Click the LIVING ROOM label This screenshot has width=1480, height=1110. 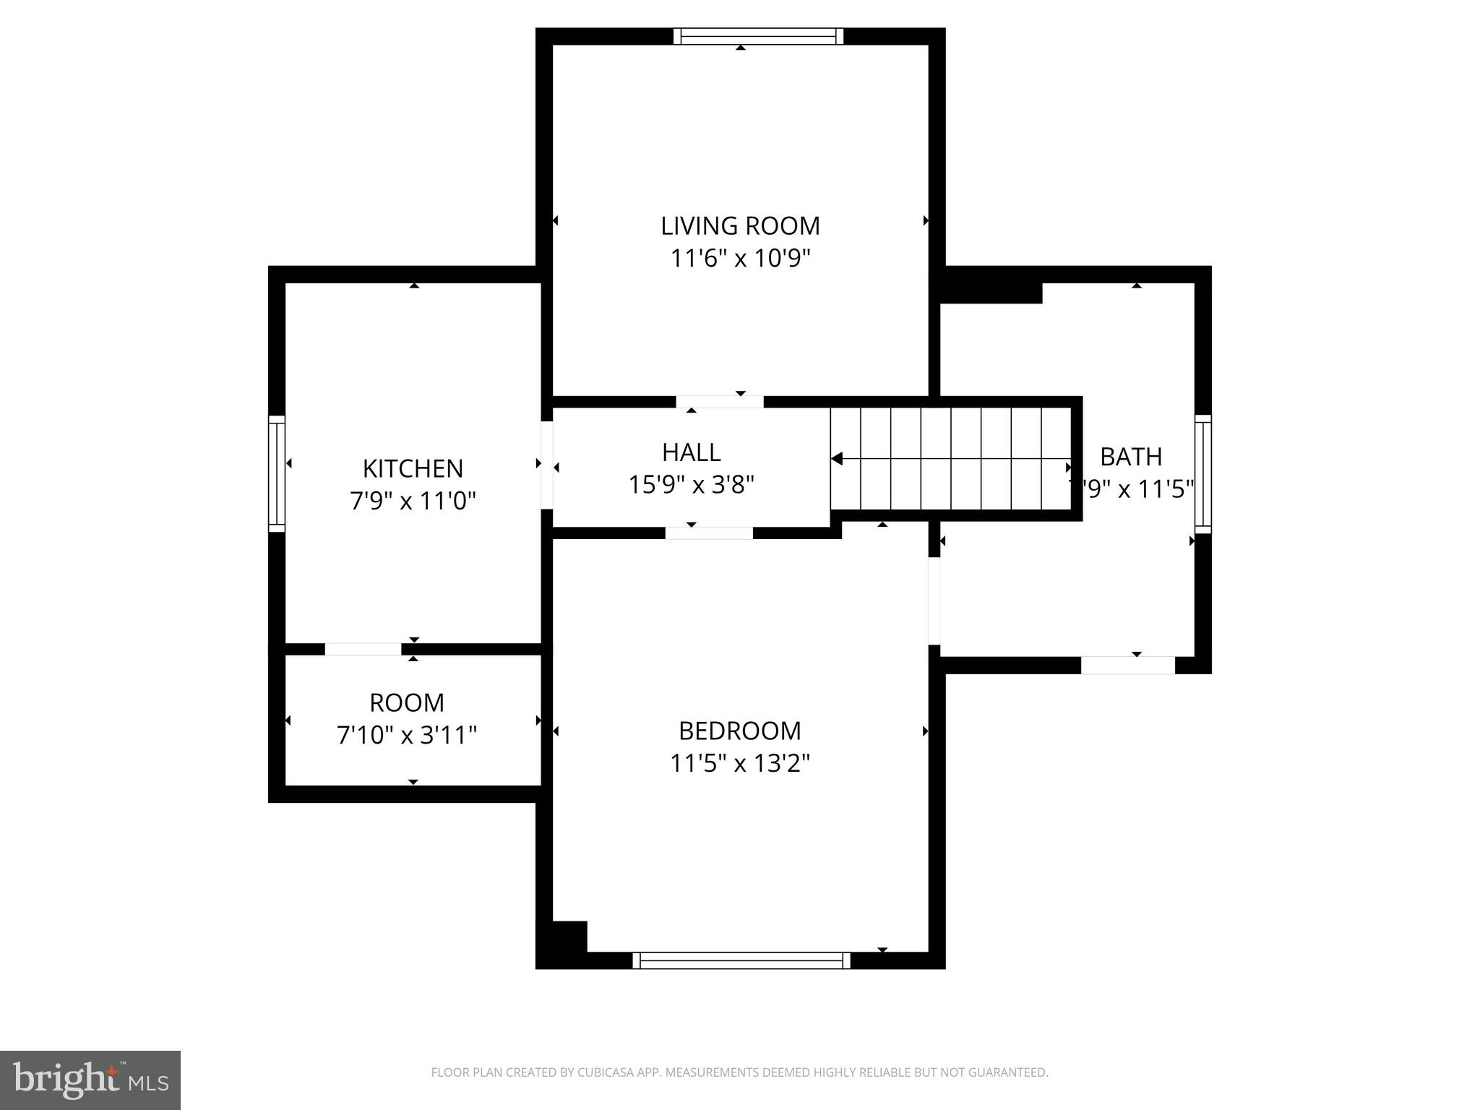740,226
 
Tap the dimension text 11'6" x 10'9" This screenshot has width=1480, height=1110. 740,259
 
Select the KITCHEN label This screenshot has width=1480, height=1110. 413,469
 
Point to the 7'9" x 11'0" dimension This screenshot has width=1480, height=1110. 413,501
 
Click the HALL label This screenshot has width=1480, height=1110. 691,452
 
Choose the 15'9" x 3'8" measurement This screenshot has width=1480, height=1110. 691,485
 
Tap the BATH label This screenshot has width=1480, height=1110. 1131,457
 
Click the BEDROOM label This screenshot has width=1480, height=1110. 740,731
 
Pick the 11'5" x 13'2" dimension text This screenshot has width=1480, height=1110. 740,764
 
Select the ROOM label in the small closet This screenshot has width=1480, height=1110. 407,703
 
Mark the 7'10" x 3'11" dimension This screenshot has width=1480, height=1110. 407,736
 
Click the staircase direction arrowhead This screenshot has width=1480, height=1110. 837,459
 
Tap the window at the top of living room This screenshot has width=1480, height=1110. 758,36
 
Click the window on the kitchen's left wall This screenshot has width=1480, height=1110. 277,473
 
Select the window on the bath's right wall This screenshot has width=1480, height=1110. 1202,473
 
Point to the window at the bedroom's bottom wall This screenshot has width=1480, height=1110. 741,960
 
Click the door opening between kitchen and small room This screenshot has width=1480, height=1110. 363,649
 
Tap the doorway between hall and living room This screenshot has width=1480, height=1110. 720,402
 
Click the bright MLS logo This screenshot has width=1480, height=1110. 90,1080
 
